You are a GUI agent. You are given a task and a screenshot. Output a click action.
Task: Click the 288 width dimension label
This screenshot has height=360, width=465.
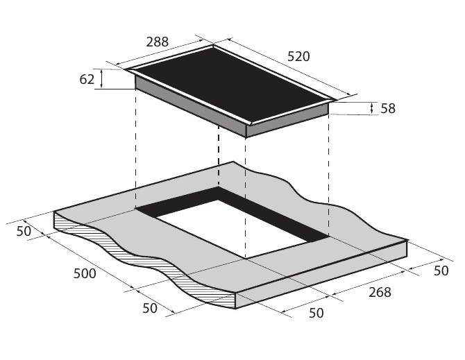pos(157,42)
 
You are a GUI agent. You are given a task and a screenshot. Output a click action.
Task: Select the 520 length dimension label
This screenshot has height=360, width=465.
pos(298,56)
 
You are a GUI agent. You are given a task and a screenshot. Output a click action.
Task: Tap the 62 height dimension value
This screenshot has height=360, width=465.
pos(87,79)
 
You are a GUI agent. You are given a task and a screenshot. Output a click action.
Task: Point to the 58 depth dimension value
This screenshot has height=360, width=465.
pos(388,108)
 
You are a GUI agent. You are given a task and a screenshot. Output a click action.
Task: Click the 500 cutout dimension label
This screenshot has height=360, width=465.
pos(85,273)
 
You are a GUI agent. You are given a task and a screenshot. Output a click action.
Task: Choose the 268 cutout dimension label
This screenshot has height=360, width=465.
pos(380,293)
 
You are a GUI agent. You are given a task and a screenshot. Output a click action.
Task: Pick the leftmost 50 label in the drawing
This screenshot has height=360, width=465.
pos(24,231)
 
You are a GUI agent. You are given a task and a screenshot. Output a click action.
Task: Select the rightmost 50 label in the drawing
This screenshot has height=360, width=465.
pos(441,271)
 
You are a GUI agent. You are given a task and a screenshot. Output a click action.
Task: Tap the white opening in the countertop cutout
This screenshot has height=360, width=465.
pos(231,228)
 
